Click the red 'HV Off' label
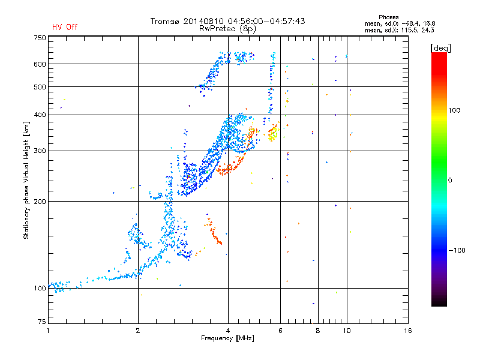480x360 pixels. pyautogui.click(x=64, y=27)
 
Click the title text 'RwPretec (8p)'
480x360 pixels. pyautogui.click(x=228, y=28)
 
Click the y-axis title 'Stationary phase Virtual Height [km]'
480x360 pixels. pyautogui.click(x=26, y=180)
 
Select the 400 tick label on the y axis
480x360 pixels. pyautogui.click(x=39, y=115)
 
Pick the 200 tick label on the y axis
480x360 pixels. pyautogui.click(x=39, y=201)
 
